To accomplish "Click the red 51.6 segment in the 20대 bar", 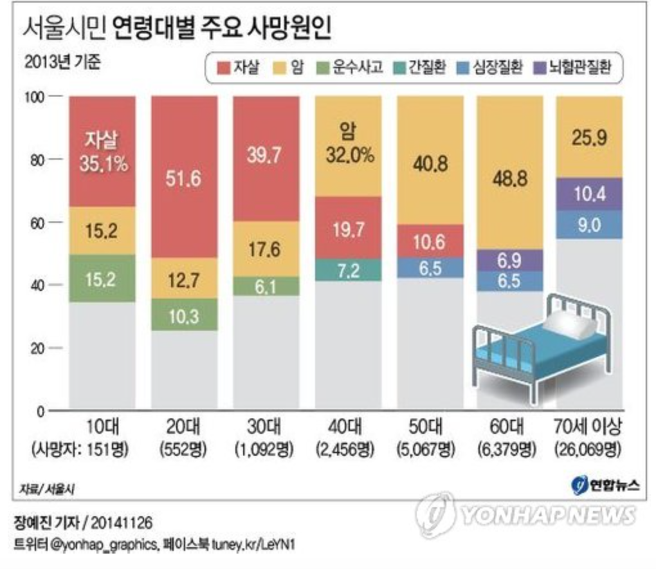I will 183,177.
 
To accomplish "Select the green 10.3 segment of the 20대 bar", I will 183,315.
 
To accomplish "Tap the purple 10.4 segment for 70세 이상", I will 589,194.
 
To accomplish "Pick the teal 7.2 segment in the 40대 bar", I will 348,270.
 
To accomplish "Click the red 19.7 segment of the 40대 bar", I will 348,229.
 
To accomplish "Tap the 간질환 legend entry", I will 421,67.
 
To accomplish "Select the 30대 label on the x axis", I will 265,427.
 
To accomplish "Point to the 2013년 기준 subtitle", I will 62,64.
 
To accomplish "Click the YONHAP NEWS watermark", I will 527,514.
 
